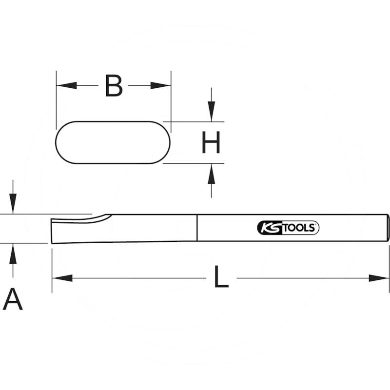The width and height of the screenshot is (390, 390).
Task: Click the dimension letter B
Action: (113, 86)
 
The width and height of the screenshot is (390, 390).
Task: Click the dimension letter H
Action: (211, 142)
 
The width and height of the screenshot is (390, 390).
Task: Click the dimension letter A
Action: (13, 299)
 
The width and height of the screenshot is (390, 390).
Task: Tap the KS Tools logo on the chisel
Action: (288, 228)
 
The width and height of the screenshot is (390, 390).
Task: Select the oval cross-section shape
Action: (113, 142)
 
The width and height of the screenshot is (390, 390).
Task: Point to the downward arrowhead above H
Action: (211, 111)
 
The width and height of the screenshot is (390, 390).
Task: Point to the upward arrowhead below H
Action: (211, 174)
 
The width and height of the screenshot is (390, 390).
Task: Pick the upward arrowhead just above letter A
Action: (13, 253)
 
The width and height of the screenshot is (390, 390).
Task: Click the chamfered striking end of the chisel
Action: (387, 227)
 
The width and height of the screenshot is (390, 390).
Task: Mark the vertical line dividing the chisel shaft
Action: (197, 227)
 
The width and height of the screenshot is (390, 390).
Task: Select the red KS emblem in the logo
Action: (269, 228)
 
